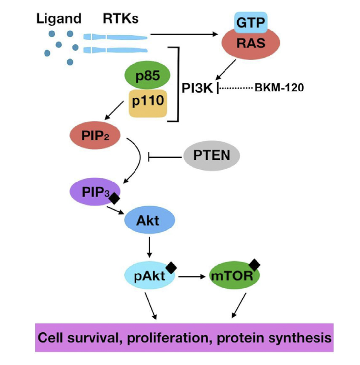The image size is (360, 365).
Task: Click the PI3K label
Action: click(x=198, y=89)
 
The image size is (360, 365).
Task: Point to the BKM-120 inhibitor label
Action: click(x=278, y=89)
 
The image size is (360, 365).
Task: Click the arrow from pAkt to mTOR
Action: click(x=192, y=277)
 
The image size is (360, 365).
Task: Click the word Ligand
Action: click(x=58, y=19)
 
